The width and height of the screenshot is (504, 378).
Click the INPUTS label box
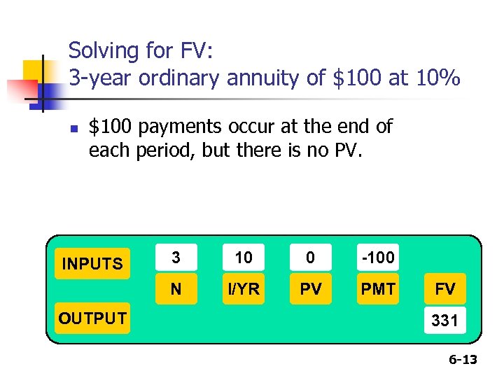coord(92,264)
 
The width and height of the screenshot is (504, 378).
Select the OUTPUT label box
coord(92,318)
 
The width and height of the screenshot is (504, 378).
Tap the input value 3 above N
coord(176,258)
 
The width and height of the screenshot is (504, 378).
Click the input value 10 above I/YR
coord(244,258)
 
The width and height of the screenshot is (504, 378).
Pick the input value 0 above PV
coord(310,258)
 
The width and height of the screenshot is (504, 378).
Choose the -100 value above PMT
coord(378,258)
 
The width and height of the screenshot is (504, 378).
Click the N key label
coord(176,289)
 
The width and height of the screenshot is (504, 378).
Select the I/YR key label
coord(244,289)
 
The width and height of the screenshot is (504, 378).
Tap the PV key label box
coord(310,289)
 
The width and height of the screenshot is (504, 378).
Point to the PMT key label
coord(378,289)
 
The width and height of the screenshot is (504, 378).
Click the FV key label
coord(445,289)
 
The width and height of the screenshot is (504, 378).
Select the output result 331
coord(445,321)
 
